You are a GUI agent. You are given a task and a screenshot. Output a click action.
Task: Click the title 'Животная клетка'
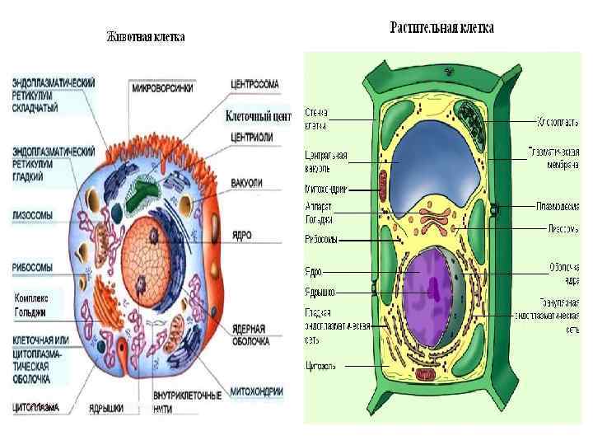[145, 37]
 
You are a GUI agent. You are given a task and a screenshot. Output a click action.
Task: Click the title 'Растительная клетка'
[441, 28]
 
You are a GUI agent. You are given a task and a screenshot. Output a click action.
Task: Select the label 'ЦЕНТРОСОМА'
[254, 83]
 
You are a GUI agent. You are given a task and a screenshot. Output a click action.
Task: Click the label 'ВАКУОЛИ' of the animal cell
[248, 182]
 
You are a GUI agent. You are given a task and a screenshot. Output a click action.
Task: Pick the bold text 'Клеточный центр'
[258, 117]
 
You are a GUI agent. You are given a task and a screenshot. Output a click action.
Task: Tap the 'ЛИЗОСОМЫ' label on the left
[34, 216]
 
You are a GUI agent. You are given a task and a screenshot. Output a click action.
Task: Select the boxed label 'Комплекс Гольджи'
[37, 304]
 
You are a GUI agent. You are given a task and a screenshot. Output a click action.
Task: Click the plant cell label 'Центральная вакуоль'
[326, 162]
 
